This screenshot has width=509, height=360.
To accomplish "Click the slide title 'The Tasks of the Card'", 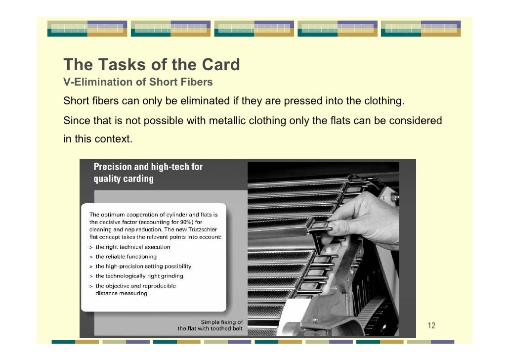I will pyautogui.click(x=151, y=65).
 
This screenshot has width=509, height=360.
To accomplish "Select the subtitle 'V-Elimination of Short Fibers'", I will pyautogui.click(x=138, y=82).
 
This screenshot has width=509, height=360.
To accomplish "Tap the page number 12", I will pyautogui.click(x=431, y=325).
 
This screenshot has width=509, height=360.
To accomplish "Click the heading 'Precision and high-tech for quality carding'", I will pyautogui.click(x=148, y=173).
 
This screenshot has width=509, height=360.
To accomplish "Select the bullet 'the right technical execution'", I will pyautogui.click(x=132, y=247).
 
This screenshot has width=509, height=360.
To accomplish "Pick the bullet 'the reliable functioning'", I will pyautogui.click(x=126, y=257).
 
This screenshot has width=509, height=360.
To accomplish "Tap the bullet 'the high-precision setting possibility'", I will pyautogui.click(x=143, y=267).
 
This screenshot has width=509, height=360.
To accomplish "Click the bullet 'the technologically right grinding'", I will pyautogui.click(x=139, y=276).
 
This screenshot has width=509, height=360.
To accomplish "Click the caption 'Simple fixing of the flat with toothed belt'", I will pyautogui.click(x=211, y=325).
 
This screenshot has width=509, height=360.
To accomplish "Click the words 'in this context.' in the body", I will pyautogui.click(x=97, y=139).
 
